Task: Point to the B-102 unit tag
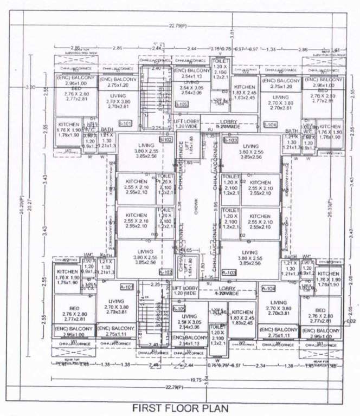[165, 140]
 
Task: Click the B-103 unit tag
[230, 140]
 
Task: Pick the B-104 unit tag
[270, 125]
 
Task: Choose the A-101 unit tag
[126, 288]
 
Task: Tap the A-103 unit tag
[229, 272]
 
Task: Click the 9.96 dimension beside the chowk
[215, 205]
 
